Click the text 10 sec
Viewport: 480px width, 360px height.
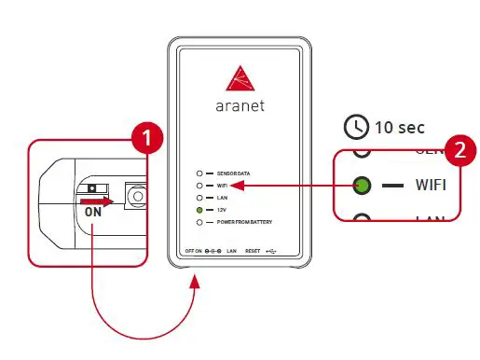coord(399,127)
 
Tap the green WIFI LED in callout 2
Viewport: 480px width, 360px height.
coord(362,185)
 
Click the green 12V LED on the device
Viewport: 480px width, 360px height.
coord(199,211)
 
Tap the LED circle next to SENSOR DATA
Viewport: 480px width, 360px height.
coord(199,174)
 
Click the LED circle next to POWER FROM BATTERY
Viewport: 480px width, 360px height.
coord(199,223)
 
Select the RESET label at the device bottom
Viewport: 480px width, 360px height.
coord(252,252)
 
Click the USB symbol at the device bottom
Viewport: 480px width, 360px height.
coord(271,252)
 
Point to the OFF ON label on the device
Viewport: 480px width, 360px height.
coord(193,252)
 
